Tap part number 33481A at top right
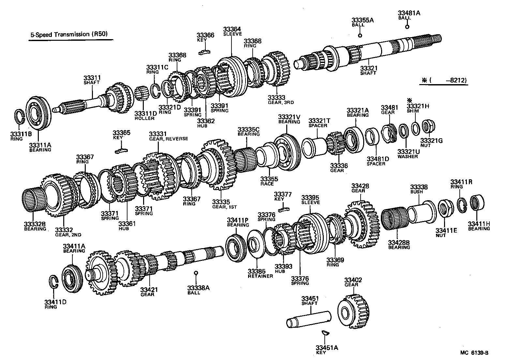coord(409,13)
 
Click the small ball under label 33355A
coord(360,36)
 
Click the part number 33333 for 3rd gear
coord(276,97)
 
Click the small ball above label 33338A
coord(196,273)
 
